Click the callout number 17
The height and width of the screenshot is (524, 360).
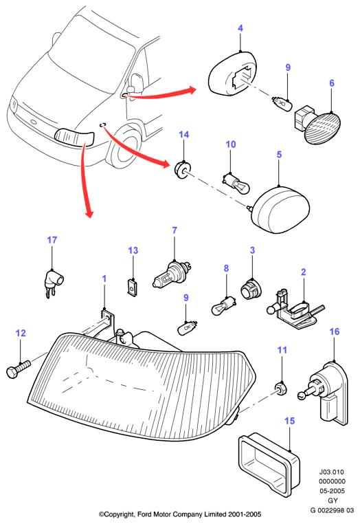52,240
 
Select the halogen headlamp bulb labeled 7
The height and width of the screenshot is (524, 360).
172,274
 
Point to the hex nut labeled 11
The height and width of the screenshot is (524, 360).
281,389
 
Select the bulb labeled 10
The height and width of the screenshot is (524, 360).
237,183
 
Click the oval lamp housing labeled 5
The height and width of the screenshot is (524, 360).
279,209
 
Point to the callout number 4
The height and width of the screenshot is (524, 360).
240,28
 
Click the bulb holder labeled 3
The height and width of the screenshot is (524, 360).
251,290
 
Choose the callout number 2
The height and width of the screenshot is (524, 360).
303,272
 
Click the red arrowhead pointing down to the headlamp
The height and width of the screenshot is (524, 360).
89,213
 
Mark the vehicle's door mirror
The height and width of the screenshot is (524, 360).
136,83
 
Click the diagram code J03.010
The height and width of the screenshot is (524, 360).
332,472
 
